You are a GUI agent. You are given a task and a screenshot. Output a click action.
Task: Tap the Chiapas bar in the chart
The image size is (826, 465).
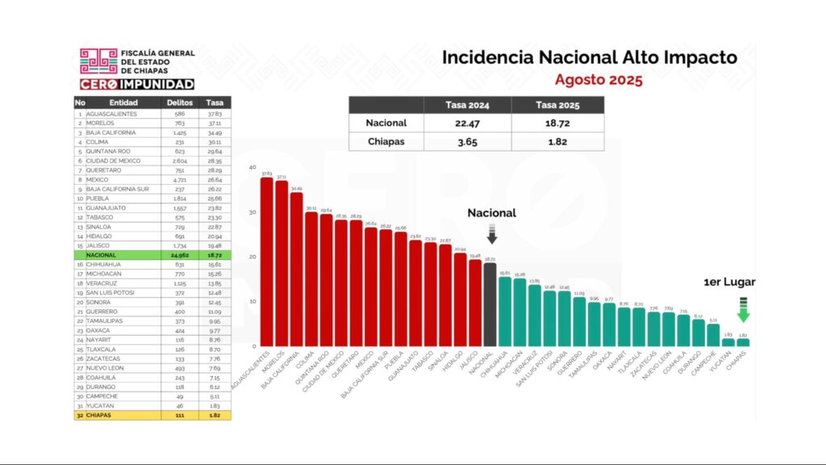(742, 342)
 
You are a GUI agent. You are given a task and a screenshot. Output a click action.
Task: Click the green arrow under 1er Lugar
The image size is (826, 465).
(743, 310)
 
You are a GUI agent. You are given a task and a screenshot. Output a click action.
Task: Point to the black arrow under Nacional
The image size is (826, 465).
(491, 234)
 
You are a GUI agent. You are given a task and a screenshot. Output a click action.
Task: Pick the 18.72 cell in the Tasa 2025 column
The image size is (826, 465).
(557, 124)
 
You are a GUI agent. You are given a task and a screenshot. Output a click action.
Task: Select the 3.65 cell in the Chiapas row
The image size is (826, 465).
(468, 142)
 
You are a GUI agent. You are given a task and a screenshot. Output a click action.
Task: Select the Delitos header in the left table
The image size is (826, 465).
(180, 103)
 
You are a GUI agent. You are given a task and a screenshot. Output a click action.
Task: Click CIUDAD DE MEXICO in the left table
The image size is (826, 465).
(118, 161)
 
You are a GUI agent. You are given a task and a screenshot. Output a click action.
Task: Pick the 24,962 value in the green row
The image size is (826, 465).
(179, 254)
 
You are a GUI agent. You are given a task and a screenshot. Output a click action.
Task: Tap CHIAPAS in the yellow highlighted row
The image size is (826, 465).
(102, 414)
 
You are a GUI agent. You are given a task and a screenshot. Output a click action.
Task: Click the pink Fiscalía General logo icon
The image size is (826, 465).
(98, 61)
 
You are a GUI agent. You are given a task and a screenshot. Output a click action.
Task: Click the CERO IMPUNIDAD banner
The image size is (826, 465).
(136, 84)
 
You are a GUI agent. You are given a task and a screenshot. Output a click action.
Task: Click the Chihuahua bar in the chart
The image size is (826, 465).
(505, 311)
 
